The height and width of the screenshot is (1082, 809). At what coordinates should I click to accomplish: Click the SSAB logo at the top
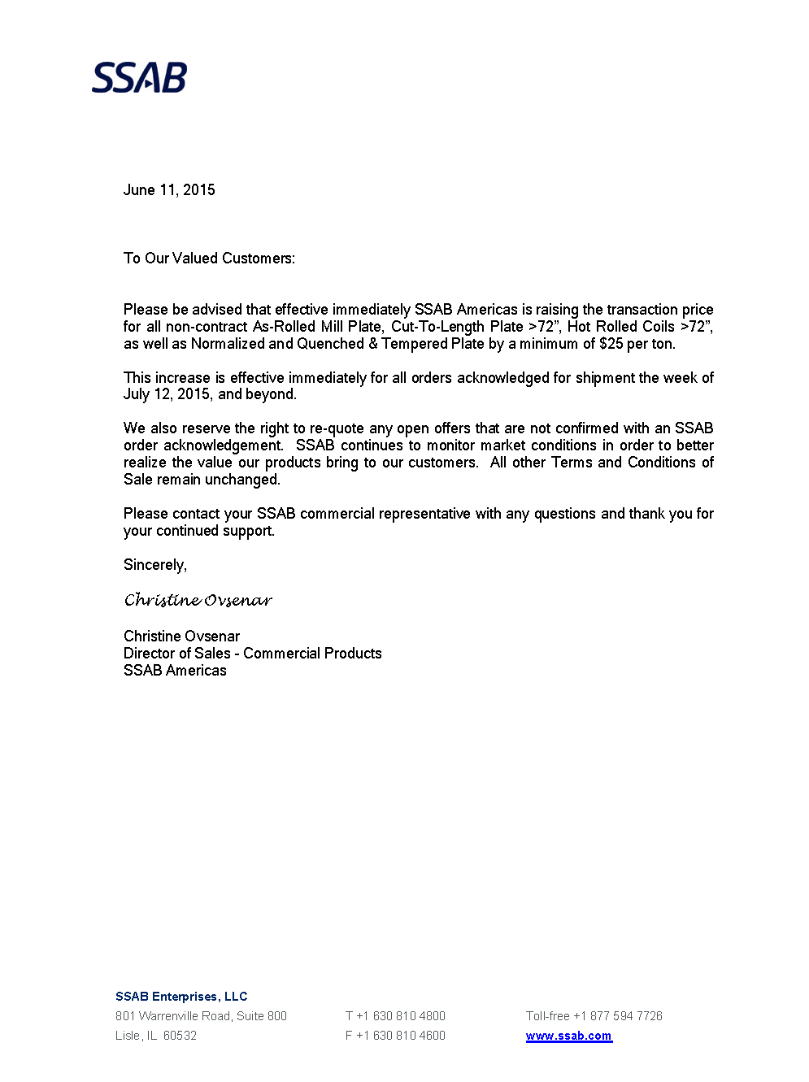(x=139, y=78)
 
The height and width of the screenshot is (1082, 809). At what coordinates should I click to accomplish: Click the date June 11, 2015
(x=169, y=190)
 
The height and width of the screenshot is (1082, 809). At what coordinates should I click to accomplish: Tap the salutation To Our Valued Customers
(x=209, y=259)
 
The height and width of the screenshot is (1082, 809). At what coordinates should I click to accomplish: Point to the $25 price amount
(x=611, y=344)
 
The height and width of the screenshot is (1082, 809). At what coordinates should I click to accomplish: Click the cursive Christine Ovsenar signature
(x=198, y=601)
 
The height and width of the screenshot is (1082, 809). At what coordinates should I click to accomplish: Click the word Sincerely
(x=154, y=565)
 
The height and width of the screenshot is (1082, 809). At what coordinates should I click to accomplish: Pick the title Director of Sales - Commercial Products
(x=252, y=654)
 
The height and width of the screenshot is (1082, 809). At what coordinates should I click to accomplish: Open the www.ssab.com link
(x=568, y=1036)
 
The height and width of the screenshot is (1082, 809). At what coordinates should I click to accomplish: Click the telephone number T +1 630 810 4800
(x=395, y=1016)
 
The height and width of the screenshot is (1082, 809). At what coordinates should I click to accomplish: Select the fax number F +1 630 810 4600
(x=395, y=1036)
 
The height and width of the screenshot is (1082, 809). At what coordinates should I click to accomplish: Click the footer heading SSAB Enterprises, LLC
(x=181, y=997)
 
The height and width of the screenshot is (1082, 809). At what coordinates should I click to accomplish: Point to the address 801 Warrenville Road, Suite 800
(x=201, y=1016)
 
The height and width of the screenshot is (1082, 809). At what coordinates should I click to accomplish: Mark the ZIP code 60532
(x=180, y=1036)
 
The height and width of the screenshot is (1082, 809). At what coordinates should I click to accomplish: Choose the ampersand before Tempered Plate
(x=373, y=344)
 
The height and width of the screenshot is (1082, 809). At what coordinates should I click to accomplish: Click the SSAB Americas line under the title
(x=175, y=671)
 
